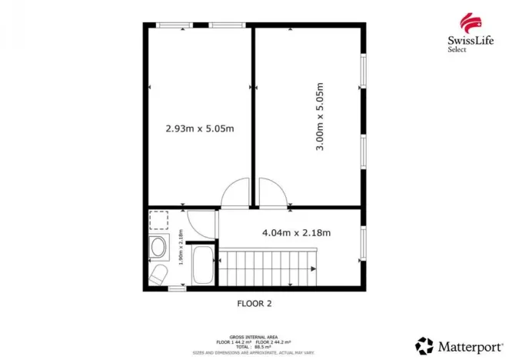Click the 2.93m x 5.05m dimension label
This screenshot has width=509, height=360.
(200, 128)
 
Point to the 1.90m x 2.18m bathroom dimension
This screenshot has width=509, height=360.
(181, 248)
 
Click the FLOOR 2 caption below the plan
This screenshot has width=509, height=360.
(254, 303)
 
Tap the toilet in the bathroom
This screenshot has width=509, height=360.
(158, 275)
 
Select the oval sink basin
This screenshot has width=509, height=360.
(158, 248)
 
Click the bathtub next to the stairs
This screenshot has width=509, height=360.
(204, 265)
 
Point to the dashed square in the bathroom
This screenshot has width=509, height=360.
(158, 222)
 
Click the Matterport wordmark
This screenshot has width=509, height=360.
(465, 343)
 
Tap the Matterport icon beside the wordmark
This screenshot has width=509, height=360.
(424, 343)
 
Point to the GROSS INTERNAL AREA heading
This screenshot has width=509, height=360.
(254, 336)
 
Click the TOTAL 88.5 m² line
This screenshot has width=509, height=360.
(254, 345)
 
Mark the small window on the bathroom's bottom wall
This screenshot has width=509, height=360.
(178, 289)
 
